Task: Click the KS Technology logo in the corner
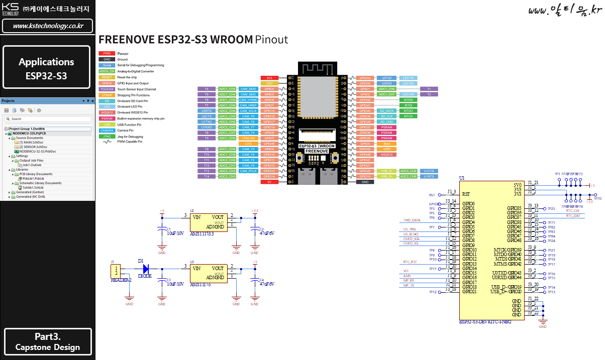tap(10, 9)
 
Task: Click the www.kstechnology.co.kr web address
tap(48, 26)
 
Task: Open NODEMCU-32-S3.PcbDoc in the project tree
tap(37, 151)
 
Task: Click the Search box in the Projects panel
tap(48, 119)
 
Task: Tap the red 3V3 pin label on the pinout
tap(269, 78)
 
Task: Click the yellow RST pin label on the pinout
tap(269, 83)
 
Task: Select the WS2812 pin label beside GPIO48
tap(387, 155)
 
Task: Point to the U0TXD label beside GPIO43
tap(386, 78)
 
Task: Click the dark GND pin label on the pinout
tap(365, 182)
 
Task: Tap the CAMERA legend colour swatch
tap(107, 131)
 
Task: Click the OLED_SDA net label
tap(411, 238)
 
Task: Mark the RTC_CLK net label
tap(573, 210)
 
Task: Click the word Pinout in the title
tap(271, 40)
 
